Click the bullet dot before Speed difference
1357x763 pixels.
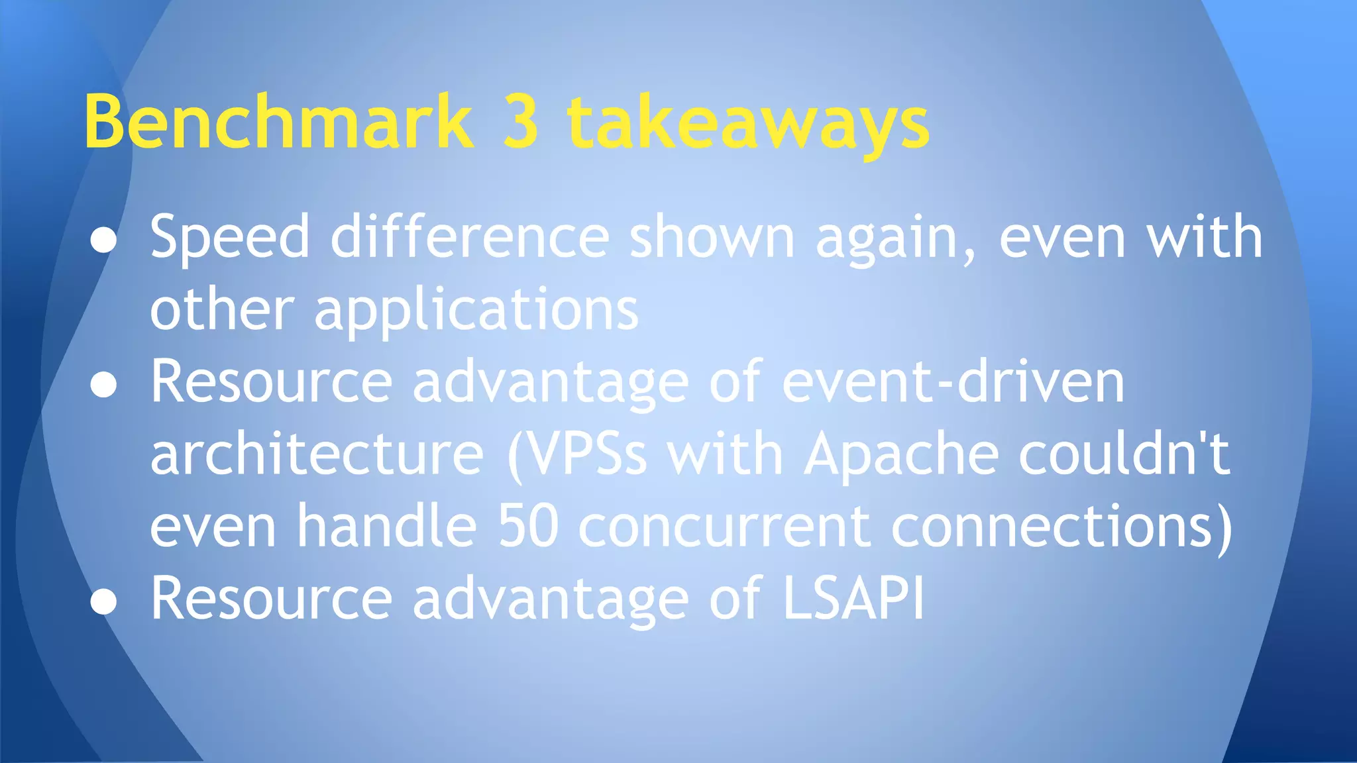coord(104,240)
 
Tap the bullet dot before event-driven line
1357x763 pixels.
coord(104,385)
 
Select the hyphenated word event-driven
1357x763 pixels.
coord(953,382)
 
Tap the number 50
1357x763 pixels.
coord(528,527)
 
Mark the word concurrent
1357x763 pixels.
coord(725,527)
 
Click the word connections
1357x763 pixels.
coord(1054,527)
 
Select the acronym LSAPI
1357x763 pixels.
coord(853,598)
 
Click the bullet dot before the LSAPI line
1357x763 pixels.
coord(104,602)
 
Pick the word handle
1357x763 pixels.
coord(386,527)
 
